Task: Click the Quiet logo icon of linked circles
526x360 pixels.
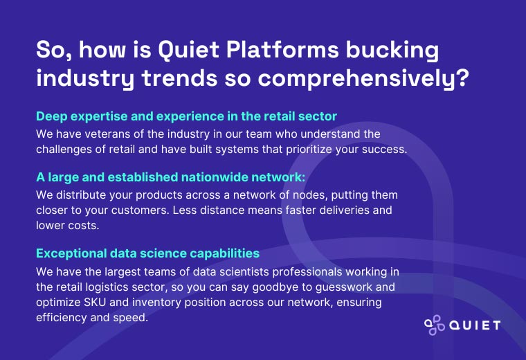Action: click(434, 325)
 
